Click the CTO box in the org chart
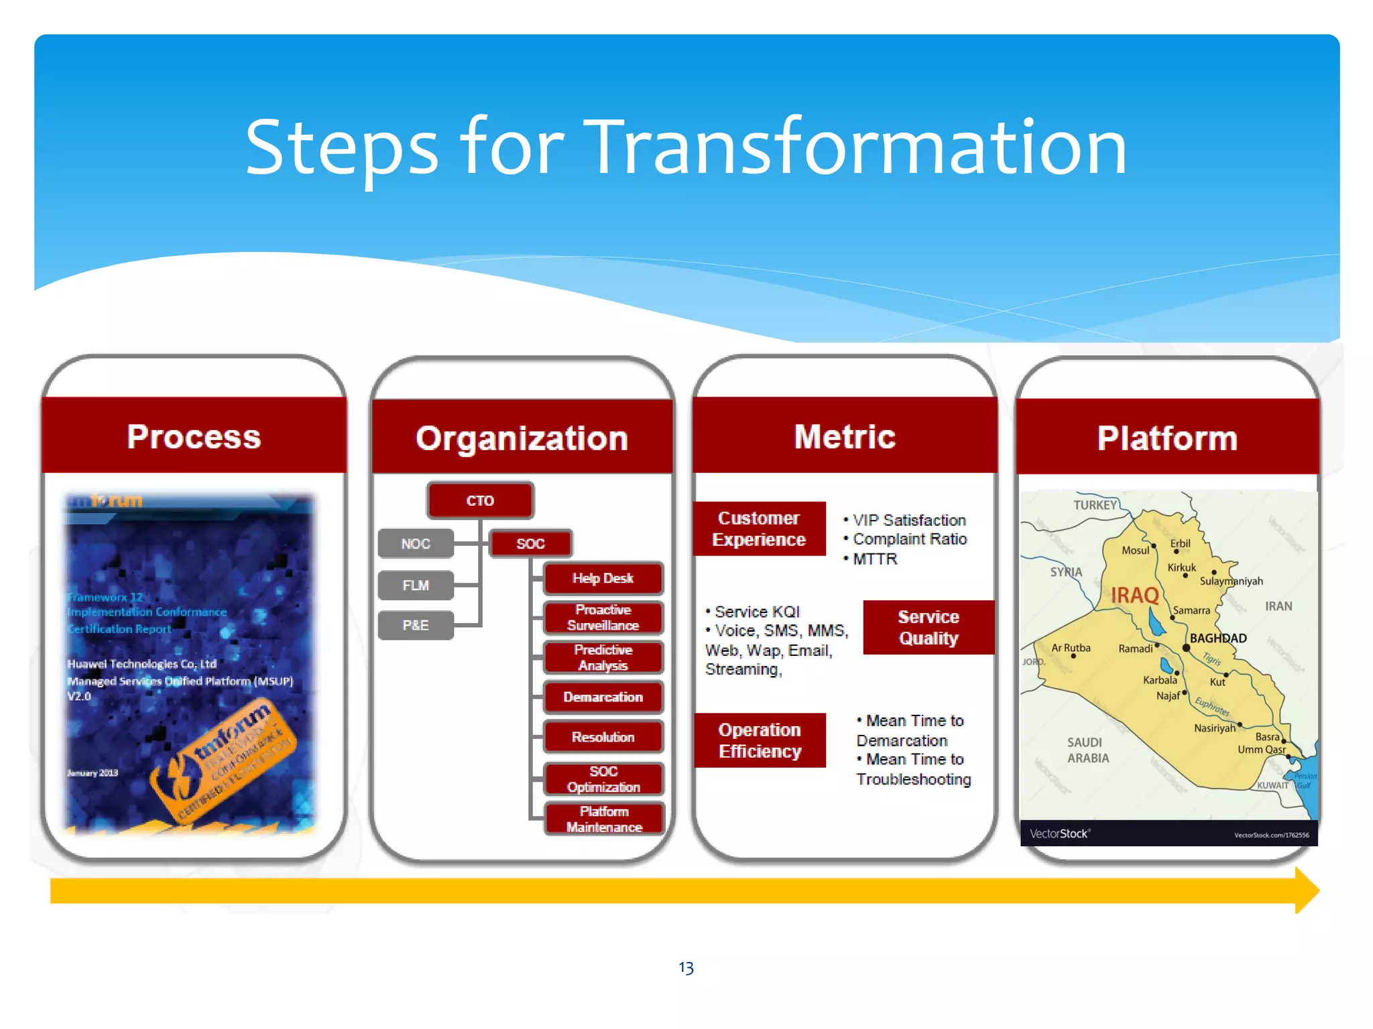480,500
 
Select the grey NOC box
416,543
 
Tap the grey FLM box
416,585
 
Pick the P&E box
416,625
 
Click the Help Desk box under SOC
603,578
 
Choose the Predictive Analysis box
603,657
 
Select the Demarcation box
603,697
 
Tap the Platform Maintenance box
604,819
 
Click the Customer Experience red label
759,529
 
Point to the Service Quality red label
928,627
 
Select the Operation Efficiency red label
760,740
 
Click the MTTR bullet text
875,559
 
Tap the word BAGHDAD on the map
1218,638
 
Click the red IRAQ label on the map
1134,594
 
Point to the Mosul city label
1135,550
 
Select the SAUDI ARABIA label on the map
1088,750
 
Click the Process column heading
194,436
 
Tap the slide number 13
686,967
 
